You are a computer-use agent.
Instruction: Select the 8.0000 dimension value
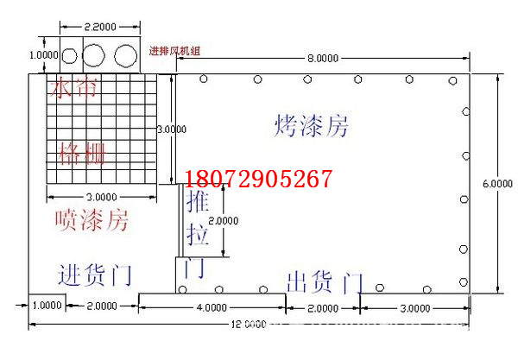(321, 60)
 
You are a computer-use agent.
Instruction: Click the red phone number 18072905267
(258, 179)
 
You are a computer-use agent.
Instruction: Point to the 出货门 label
(324, 281)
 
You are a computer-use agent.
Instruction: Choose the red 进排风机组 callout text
(174, 51)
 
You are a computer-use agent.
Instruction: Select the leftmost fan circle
(68, 57)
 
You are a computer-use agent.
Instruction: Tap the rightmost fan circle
(126, 57)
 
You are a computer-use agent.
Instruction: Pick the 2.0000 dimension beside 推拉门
(224, 219)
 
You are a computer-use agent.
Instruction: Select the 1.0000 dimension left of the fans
(42, 55)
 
